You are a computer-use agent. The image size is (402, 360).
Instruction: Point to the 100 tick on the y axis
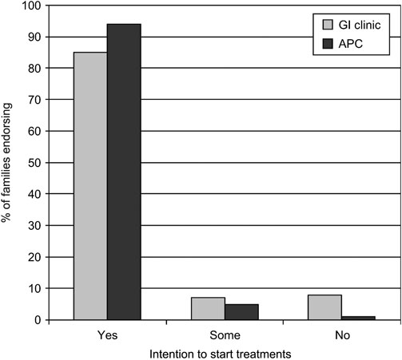point(30,6)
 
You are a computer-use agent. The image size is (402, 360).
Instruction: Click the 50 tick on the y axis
point(34,163)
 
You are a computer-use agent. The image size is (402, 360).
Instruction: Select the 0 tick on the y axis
point(37,320)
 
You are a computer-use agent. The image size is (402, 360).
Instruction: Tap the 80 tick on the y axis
point(34,69)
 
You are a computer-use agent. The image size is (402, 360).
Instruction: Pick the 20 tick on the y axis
point(34,257)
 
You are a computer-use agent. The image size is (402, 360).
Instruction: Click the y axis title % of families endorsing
point(9,164)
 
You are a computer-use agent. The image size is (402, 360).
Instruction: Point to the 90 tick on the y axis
point(34,38)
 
